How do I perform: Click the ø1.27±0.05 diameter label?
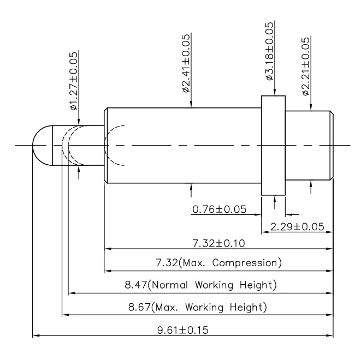(x=74, y=81)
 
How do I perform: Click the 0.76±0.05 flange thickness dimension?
(x=220, y=209)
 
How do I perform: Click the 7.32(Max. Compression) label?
(x=218, y=263)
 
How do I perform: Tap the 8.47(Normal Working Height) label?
(x=201, y=285)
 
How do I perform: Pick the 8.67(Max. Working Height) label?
(x=198, y=307)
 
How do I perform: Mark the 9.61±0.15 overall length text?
(x=183, y=329)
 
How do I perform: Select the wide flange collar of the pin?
(x=273, y=145)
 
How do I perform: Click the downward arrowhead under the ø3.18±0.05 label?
(x=274, y=92)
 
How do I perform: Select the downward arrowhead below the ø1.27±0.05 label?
(x=79, y=122)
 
